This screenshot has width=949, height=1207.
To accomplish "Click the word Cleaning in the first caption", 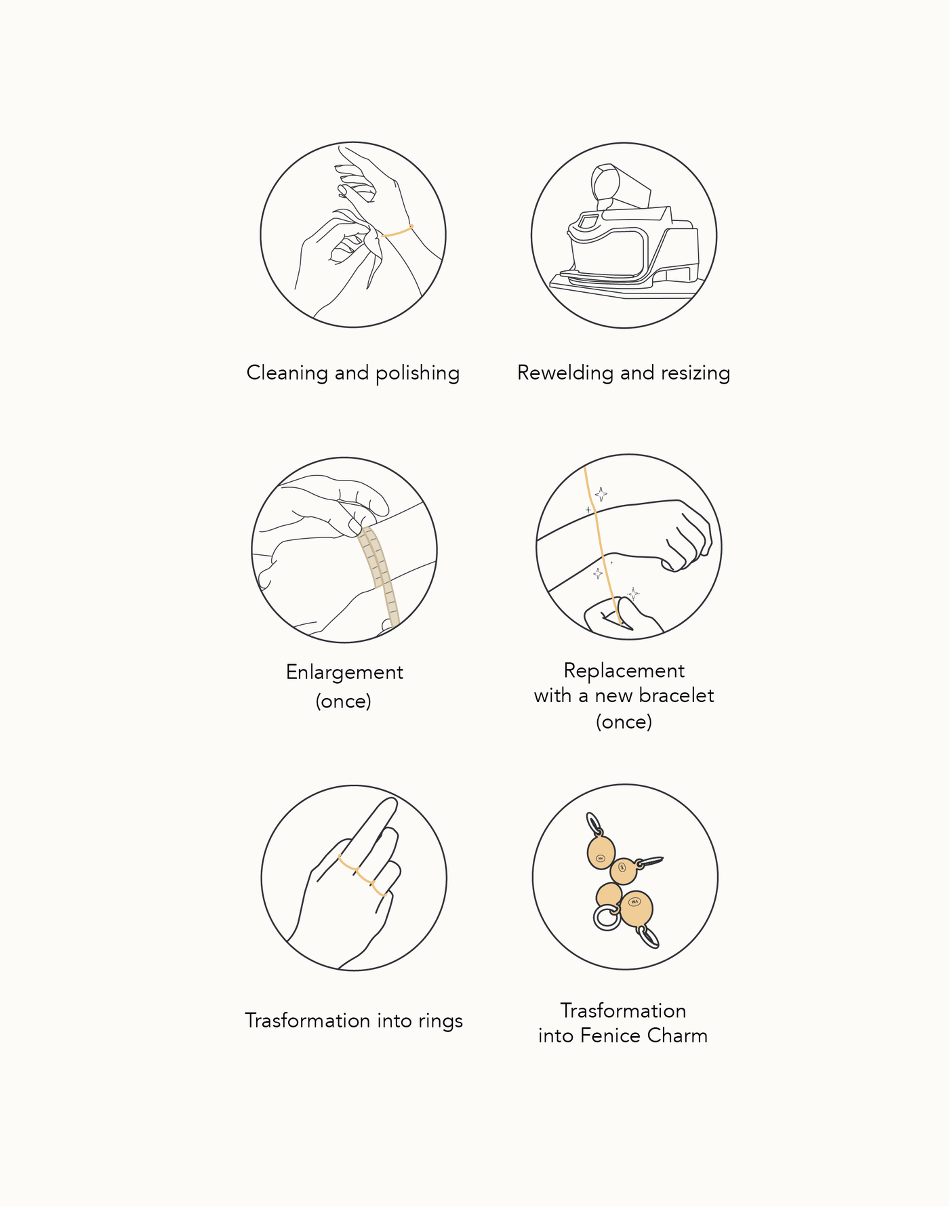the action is [x=287, y=373].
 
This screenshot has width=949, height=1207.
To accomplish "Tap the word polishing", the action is [x=418, y=373].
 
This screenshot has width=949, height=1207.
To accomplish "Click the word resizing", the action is [x=695, y=373].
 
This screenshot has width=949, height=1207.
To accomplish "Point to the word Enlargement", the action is [x=344, y=673].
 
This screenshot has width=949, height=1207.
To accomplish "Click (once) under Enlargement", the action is [x=344, y=701].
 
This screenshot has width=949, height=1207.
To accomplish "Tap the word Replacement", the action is [x=624, y=671].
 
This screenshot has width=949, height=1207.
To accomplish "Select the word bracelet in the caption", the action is [x=677, y=696].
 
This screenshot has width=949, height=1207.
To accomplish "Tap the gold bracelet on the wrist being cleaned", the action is [x=397, y=231].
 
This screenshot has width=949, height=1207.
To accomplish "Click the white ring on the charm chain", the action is [x=607, y=918].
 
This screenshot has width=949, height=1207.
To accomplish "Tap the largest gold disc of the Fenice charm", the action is [x=636, y=909].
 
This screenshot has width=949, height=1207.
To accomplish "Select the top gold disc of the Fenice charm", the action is [x=601, y=853].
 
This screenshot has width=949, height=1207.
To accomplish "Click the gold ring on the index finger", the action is [x=348, y=864].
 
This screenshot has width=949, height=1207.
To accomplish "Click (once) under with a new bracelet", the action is [x=624, y=722].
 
